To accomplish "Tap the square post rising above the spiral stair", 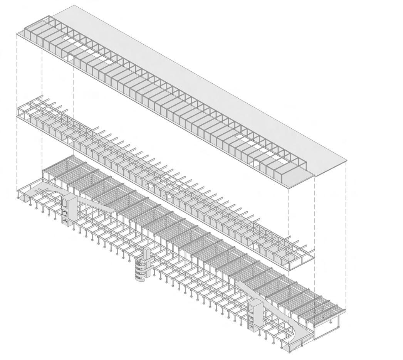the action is point(147,254).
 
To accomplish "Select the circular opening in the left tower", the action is point(66,212).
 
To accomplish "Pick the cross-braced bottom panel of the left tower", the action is point(65,221).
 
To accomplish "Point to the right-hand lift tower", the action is point(254,316).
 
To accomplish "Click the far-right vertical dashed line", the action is point(346,231).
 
